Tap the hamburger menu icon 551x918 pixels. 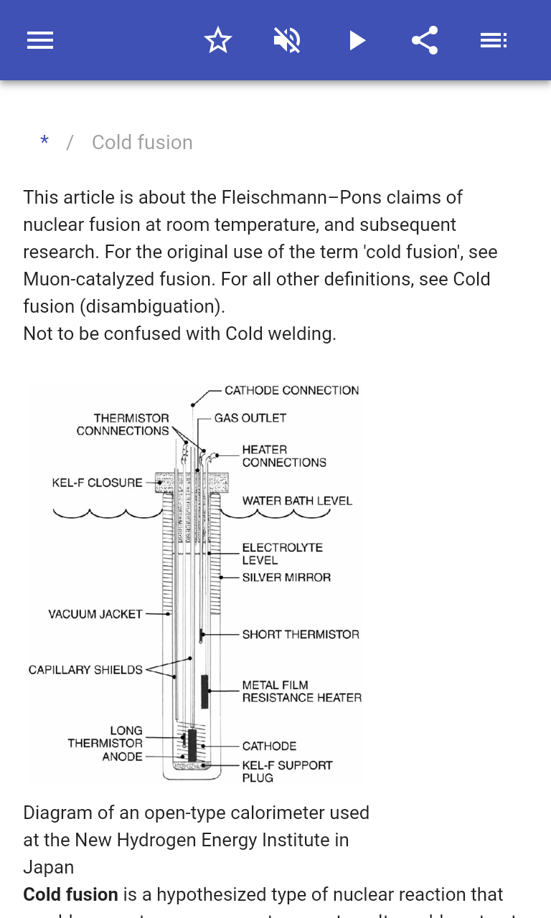(x=40, y=40)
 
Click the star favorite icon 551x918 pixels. (x=218, y=40)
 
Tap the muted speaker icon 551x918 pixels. (x=287, y=40)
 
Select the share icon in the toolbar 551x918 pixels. (x=425, y=40)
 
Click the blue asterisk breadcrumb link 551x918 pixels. (x=44, y=142)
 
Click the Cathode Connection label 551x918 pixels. (x=291, y=391)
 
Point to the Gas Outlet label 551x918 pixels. (x=250, y=418)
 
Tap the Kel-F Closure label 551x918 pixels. (x=97, y=483)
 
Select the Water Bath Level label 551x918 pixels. (x=297, y=501)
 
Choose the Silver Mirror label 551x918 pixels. (x=286, y=577)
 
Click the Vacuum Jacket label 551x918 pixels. (x=95, y=614)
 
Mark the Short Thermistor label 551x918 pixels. (x=301, y=635)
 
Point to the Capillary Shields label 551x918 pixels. (x=85, y=670)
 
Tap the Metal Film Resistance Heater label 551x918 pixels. (x=301, y=691)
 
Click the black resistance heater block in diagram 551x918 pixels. (x=204, y=691)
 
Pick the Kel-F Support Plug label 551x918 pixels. (x=287, y=771)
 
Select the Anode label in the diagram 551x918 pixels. (x=122, y=757)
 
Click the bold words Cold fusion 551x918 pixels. (x=70, y=894)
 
